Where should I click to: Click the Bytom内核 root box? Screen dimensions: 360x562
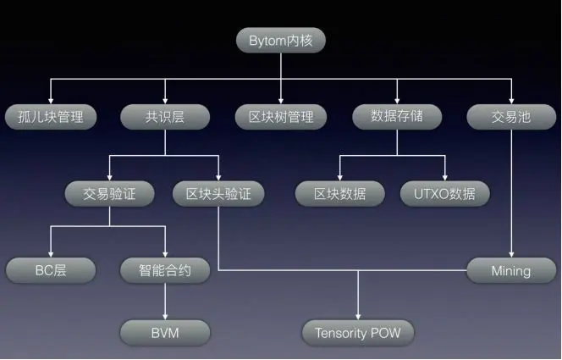coord(280,39)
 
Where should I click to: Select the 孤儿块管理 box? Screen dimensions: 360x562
coord(51,117)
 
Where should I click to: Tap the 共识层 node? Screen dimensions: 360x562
coord(165,117)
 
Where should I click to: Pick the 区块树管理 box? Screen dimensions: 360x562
coord(280,117)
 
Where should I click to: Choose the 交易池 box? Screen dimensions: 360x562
coord(511,117)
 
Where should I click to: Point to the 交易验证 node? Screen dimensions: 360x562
coord(109,193)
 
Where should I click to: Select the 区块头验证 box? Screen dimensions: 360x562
coord(218,193)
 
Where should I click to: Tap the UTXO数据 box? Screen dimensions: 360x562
coord(445,193)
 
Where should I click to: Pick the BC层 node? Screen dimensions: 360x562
coord(51,271)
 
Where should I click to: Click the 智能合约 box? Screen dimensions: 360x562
coord(165,271)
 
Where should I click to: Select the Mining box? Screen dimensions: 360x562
coord(511,271)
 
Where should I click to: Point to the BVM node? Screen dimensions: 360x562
coord(165,331)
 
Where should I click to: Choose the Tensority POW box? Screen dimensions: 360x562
coord(358,331)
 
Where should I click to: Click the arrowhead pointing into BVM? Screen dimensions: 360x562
coord(165,314)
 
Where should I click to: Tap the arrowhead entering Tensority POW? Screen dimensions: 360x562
coord(358,314)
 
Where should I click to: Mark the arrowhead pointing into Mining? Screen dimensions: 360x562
coord(511,254)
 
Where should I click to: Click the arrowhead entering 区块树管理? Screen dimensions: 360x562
coord(280,100)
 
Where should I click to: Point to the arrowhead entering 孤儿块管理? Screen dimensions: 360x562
coord(51,100)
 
